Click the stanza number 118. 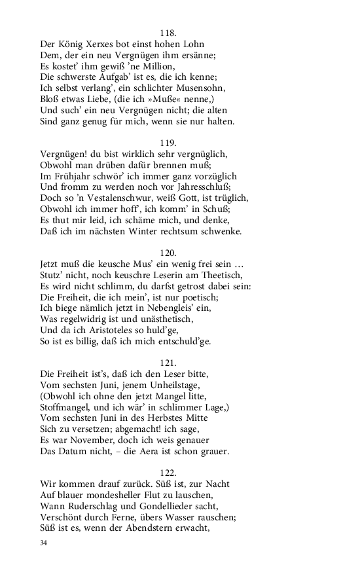[169, 32]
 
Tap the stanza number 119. [169, 142]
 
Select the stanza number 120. [169, 252]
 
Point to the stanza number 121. [169, 362]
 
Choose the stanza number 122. [169, 472]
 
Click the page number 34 [44, 543]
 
